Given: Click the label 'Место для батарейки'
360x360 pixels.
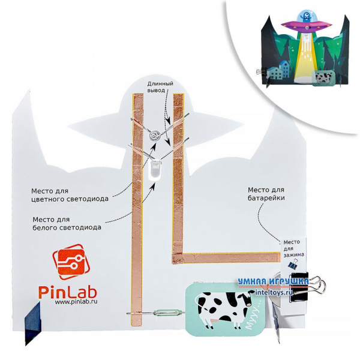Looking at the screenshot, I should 265,193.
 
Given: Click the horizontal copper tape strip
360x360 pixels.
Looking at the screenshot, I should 229,258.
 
